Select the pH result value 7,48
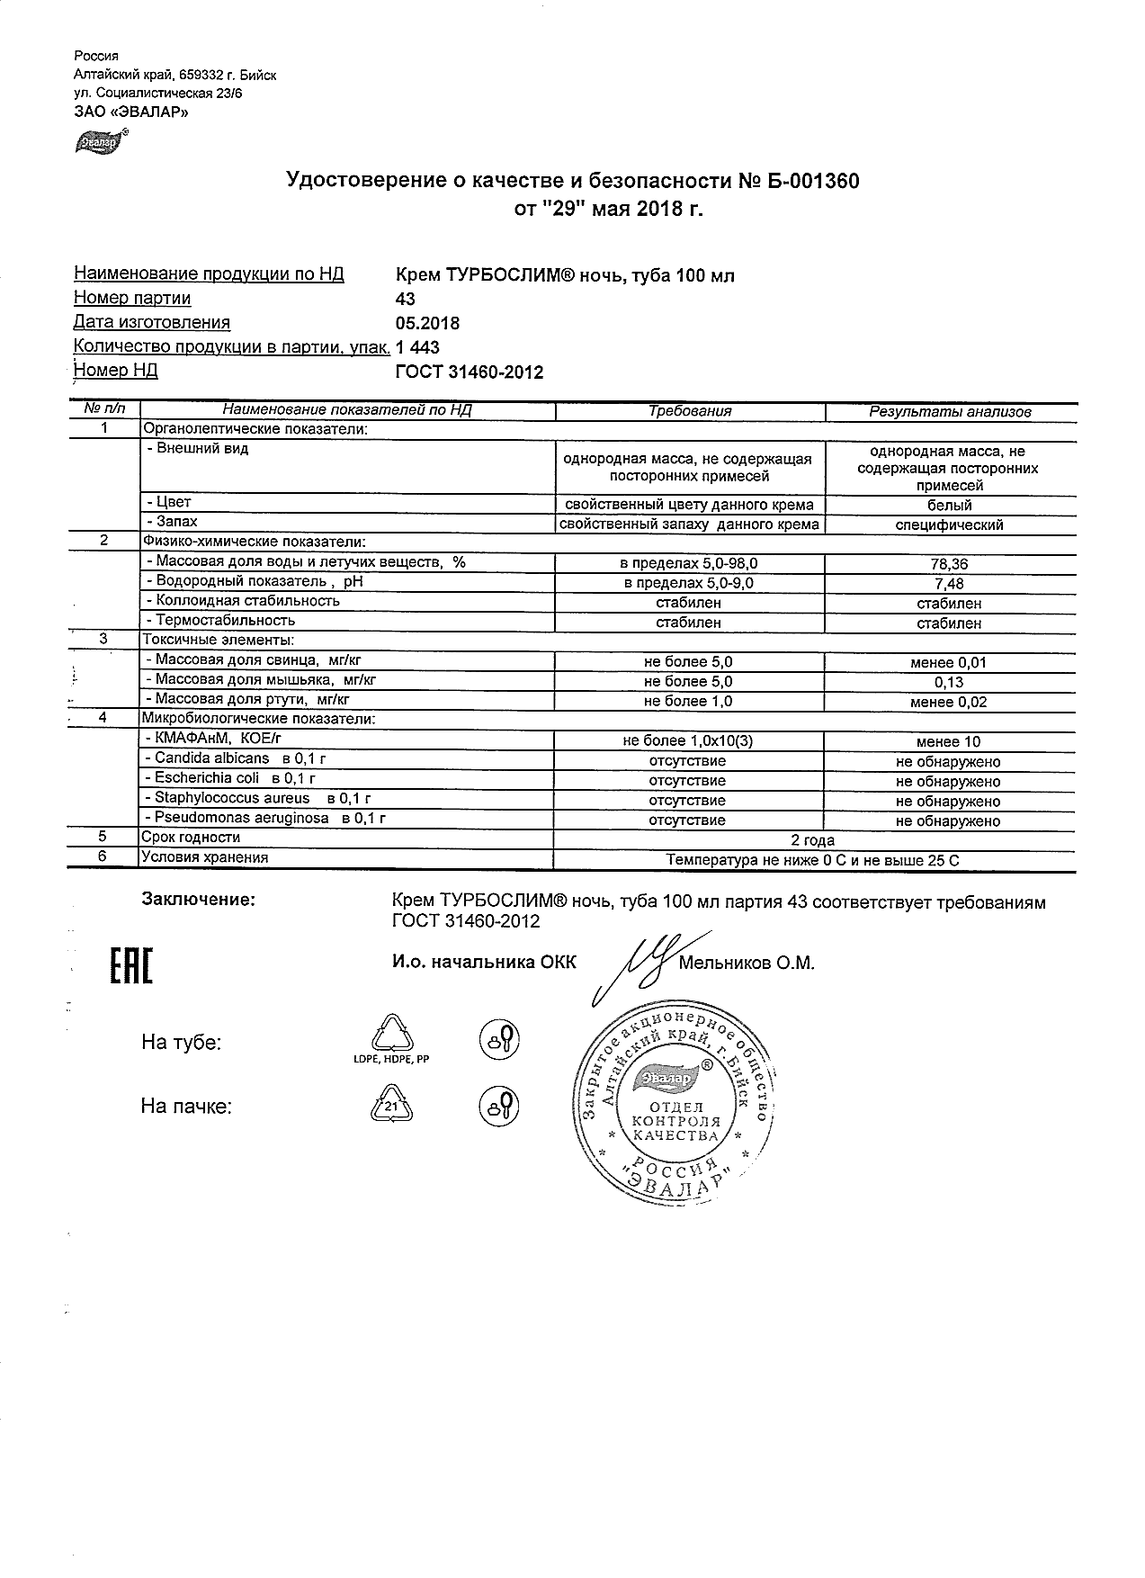949,584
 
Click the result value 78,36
949,564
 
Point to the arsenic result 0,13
949,682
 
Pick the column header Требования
690,411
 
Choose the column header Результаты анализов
949,412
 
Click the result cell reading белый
949,505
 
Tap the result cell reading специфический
949,525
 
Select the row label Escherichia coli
206,778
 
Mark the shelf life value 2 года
812,840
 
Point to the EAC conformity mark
130,964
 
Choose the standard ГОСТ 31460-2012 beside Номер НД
470,372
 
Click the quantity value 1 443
418,347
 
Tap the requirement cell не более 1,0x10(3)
688,741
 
